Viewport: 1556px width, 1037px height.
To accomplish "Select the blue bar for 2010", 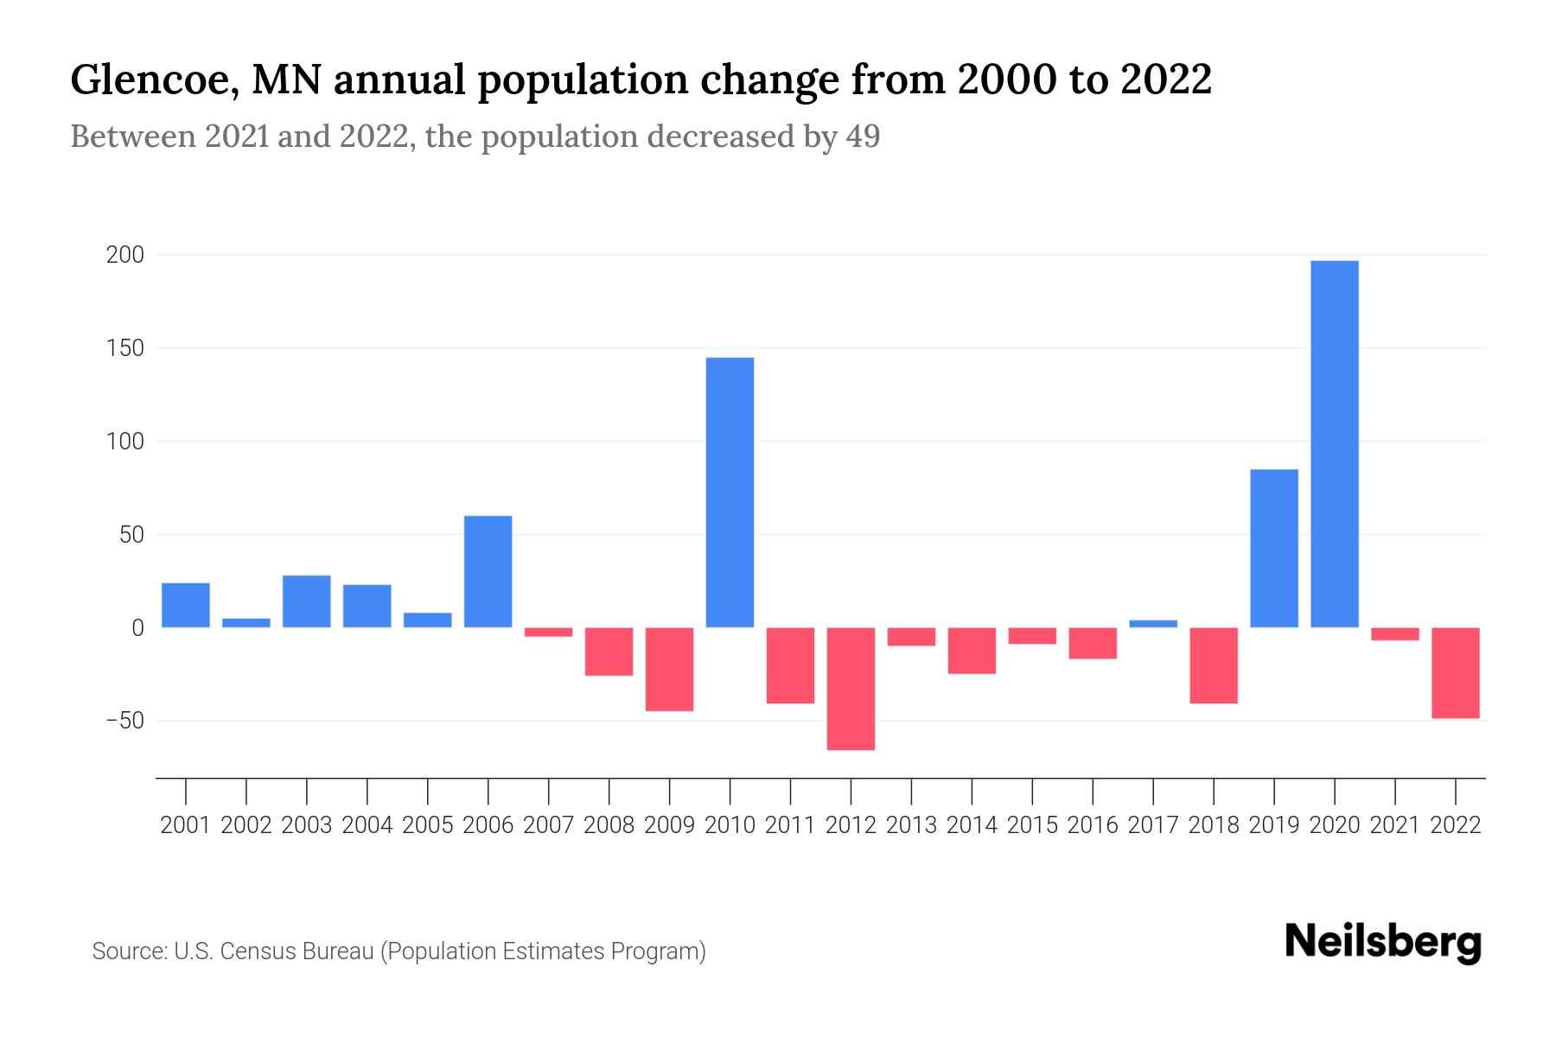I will click(x=730, y=492).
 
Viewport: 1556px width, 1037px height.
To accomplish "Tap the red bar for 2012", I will click(x=851, y=688).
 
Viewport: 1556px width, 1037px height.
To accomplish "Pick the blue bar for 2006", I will click(x=488, y=571).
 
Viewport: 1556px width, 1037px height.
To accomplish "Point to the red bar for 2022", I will click(x=1455, y=672).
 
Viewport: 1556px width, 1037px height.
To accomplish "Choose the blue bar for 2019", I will click(x=1273, y=548).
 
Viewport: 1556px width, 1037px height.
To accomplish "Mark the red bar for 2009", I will click(x=669, y=669).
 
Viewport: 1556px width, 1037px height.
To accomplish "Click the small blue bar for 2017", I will click(x=1152, y=623).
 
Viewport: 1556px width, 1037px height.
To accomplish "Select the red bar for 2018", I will click(x=1213, y=665).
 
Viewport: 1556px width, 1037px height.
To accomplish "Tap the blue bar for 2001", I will click(x=186, y=605).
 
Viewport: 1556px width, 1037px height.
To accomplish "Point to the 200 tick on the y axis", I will click(x=125, y=255).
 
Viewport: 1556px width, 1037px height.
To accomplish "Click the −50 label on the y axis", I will click(x=124, y=721).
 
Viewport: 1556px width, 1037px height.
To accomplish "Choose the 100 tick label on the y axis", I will click(x=125, y=442).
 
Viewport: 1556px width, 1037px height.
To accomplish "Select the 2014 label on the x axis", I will click(x=972, y=825).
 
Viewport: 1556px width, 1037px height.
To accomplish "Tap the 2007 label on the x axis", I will click(x=548, y=825).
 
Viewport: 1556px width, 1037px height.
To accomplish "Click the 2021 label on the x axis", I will click(x=1394, y=825).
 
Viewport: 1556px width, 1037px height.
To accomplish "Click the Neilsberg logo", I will click(x=1383, y=943).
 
